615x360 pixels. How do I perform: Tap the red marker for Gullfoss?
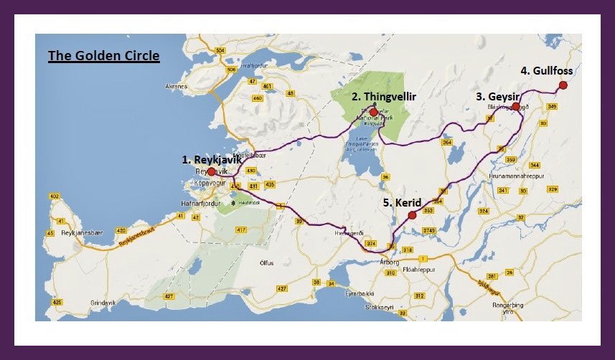click(563, 85)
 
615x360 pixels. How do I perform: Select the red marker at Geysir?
click(515, 106)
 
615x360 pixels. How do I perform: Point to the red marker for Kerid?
click(411, 215)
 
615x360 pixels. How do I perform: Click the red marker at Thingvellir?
click(373, 112)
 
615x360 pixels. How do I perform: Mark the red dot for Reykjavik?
click(211, 171)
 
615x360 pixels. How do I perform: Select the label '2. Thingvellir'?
click(384, 96)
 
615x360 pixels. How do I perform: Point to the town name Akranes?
click(177, 85)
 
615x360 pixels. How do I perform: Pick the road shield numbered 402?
click(54, 196)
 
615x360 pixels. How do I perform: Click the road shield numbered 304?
click(220, 50)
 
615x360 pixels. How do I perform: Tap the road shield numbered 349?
click(551, 106)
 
